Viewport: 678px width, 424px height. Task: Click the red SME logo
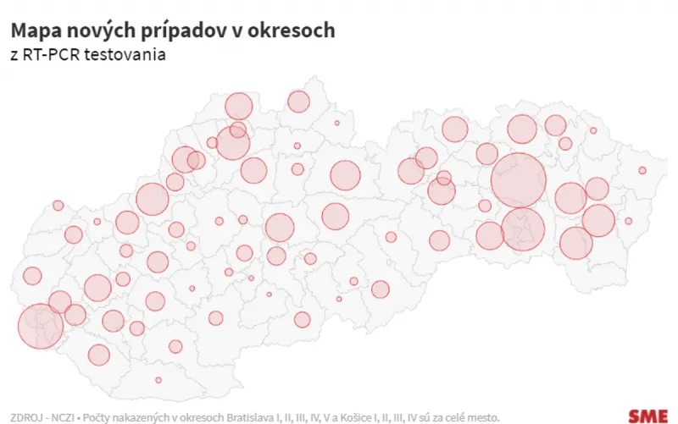tap(647, 415)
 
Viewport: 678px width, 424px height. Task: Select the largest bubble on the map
tap(518, 181)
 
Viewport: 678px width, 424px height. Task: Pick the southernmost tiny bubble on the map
tap(158, 380)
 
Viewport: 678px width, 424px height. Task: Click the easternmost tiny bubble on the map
tap(642, 170)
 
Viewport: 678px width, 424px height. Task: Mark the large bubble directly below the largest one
tap(523, 229)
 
